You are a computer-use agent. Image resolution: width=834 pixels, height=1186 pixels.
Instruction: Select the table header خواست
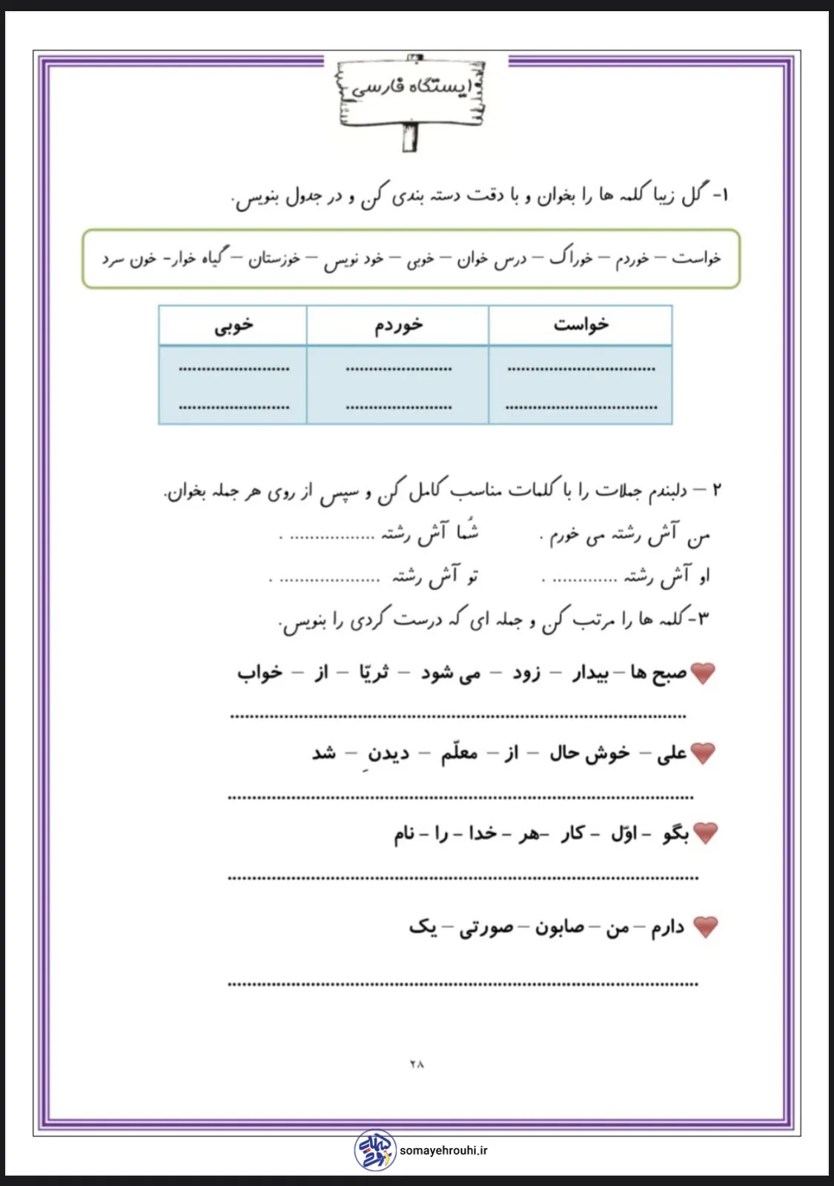click(x=580, y=325)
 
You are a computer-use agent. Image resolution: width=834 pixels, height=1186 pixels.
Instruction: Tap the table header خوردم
click(x=398, y=325)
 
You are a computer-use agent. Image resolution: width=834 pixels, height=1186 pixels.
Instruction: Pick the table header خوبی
click(x=234, y=325)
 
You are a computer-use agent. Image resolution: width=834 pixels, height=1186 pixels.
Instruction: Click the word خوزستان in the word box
click(x=274, y=258)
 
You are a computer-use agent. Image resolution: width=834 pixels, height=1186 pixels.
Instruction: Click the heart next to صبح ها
click(x=703, y=673)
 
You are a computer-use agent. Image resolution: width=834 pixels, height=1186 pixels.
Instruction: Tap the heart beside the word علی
click(x=703, y=753)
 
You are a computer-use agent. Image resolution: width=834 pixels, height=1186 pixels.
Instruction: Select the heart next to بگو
click(x=705, y=833)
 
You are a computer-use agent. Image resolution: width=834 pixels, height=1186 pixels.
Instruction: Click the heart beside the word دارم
click(x=705, y=927)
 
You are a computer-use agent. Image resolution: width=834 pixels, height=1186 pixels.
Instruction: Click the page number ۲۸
click(x=417, y=1064)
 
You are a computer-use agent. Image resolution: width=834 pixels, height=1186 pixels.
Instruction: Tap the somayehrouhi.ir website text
click(x=443, y=1150)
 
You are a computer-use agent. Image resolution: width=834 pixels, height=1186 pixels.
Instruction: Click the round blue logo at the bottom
click(x=375, y=1150)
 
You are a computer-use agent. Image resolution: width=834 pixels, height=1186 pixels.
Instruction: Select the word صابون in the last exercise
click(x=560, y=927)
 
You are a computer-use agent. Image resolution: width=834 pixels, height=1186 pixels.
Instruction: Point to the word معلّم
click(x=459, y=753)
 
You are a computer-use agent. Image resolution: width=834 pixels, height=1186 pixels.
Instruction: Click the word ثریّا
click(x=373, y=672)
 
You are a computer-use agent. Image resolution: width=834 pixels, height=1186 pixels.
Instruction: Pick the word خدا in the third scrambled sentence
click(x=482, y=833)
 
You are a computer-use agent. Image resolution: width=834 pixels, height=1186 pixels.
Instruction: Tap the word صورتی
click(x=486, y=927)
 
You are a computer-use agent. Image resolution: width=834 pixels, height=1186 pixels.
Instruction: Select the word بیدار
click(x=590, y=673)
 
